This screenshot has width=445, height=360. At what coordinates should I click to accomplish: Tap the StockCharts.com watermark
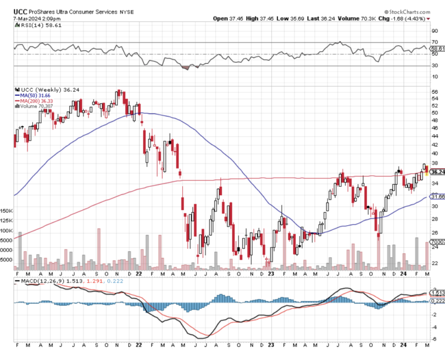[x=408, y=11]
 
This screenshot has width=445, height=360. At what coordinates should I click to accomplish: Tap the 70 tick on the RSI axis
[x=435, y=42]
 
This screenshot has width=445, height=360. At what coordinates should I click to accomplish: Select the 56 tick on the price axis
[x=434, y=92]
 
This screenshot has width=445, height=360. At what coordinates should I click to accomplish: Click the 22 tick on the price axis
[x=434, y=263]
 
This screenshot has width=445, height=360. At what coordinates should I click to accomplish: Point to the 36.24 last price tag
[x=438, y=172]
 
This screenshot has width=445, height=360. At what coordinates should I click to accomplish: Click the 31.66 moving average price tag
[x=438, y=196]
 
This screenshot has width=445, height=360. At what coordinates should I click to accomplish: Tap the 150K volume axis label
[x=7, y=210]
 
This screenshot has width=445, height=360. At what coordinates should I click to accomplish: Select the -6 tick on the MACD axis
[x=434, y=339]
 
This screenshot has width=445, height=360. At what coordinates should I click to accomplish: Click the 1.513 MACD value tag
[x=438, y=293]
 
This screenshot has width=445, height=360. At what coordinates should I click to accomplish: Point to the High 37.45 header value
[x=260, y=18]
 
